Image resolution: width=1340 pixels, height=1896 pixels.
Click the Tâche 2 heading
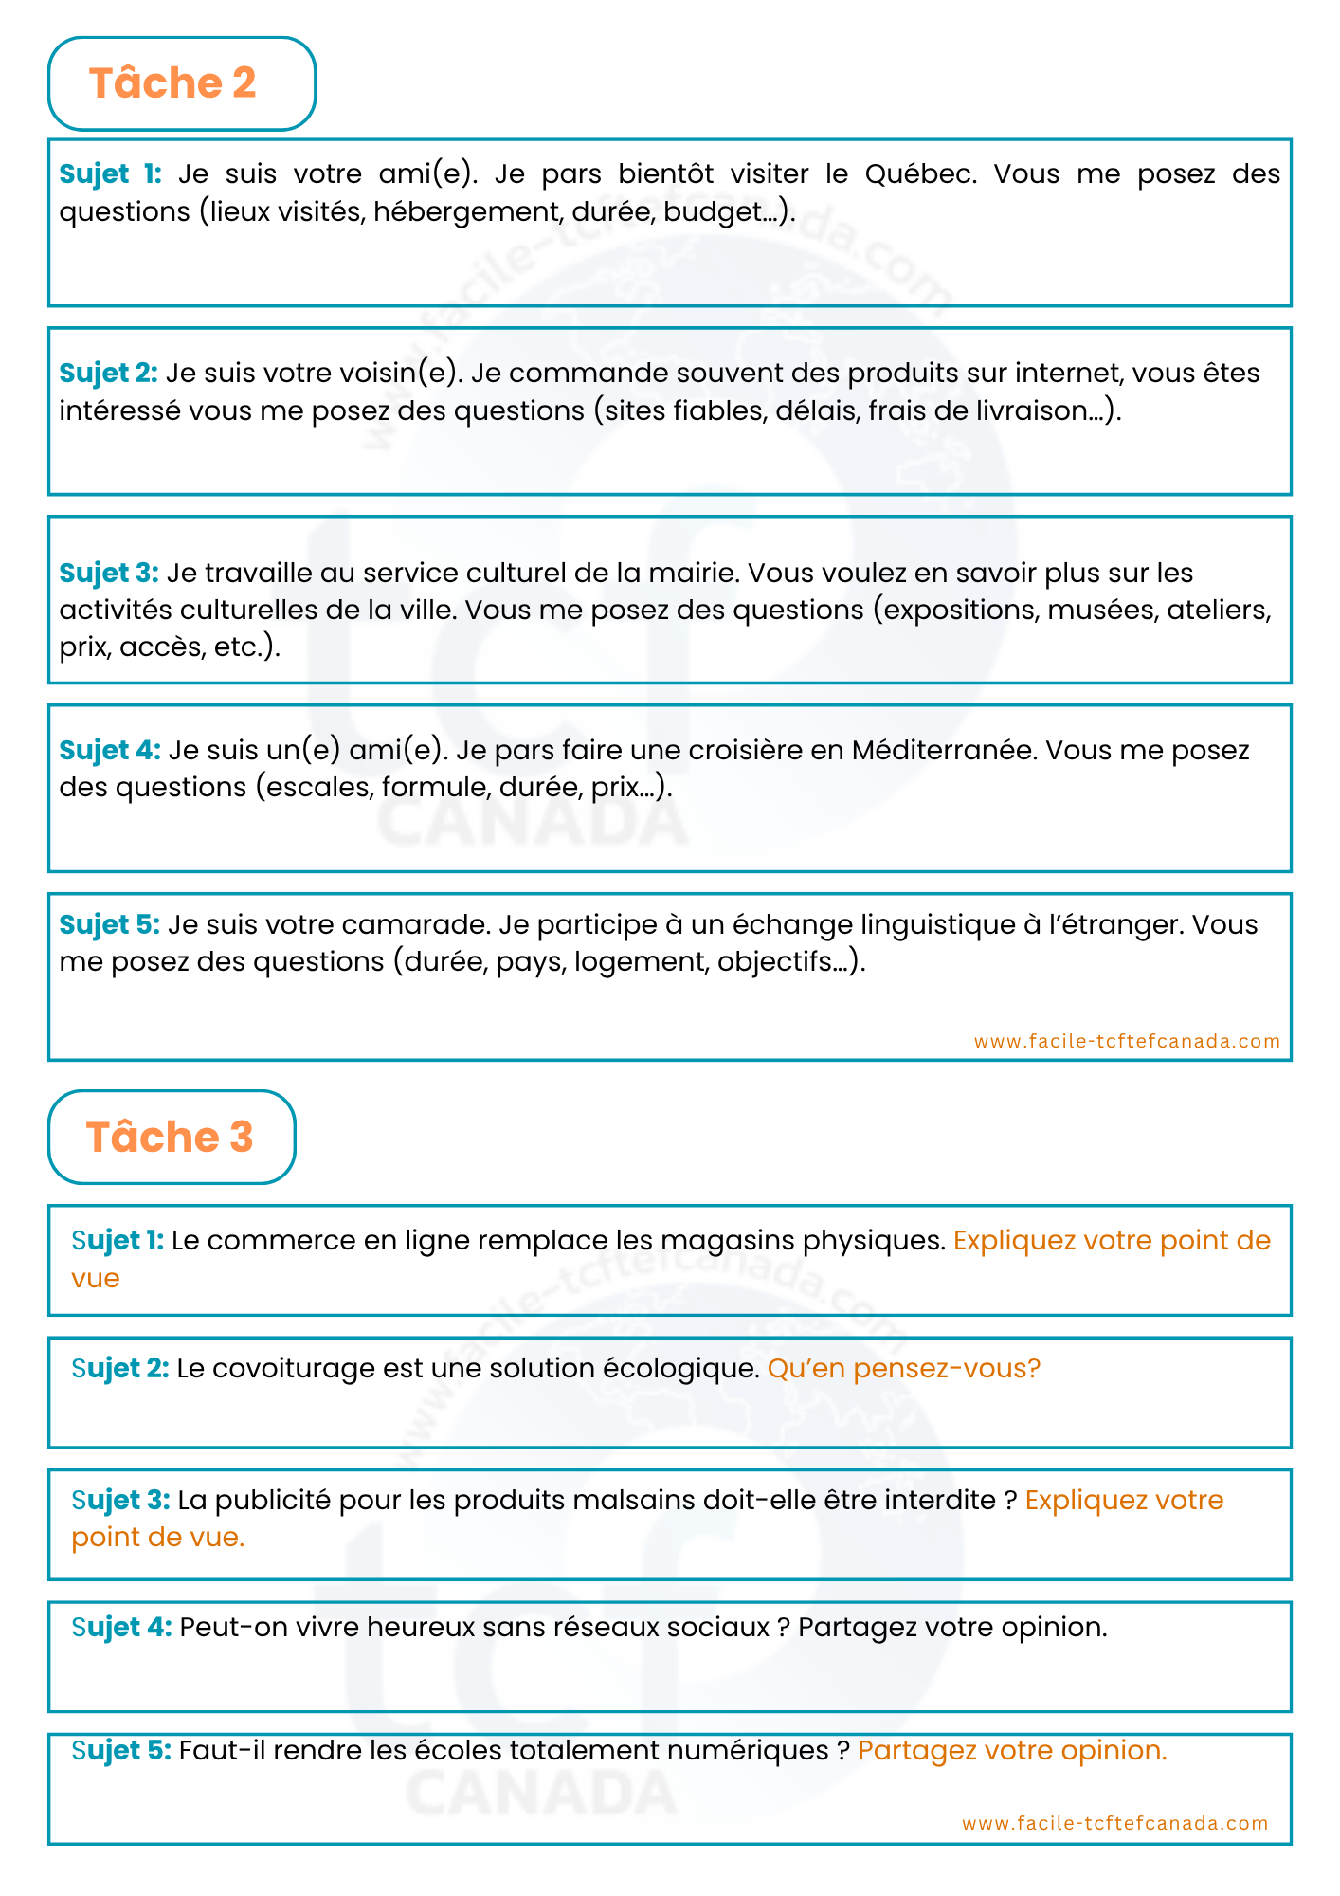tap(172, 83)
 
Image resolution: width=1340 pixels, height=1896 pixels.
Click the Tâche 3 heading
tap(170, 1137)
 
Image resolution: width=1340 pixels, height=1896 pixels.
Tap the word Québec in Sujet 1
tap(919, 174)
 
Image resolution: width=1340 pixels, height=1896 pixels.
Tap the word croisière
tap(746, 750)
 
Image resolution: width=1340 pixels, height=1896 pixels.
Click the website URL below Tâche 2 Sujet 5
tap(1127, 1041)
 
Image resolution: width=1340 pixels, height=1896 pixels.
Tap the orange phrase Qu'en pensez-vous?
tap(903, 1368)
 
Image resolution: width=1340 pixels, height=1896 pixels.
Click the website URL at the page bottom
tap(1114, 1823)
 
